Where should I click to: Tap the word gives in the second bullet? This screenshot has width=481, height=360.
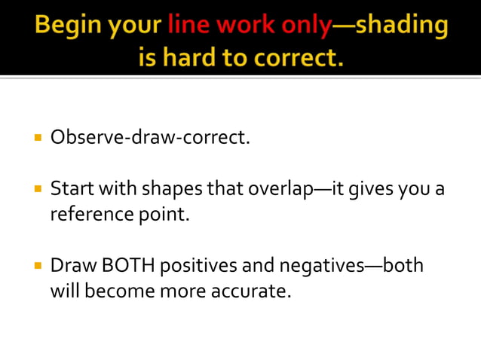tap(372, 189)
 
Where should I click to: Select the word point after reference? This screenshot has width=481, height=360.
tap(164, 215)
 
